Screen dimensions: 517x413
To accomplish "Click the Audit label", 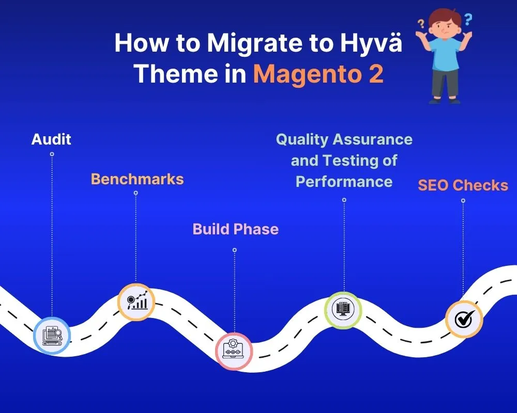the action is click(51, 139).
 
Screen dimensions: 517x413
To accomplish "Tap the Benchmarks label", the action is click(137, 179).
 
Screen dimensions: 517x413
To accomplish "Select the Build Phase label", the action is click(235, 229).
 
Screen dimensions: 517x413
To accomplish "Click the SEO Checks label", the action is click(463, 185).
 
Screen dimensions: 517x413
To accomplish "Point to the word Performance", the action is click(344, 182).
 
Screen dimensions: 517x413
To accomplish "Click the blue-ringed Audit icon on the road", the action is click(52, 335).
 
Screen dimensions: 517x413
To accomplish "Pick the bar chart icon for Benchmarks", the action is click(136, 301).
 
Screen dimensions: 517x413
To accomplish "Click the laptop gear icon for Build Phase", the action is click(234, 351).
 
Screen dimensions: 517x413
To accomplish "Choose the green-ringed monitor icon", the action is click(343, 310).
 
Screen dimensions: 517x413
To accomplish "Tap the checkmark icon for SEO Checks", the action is click(464, 319).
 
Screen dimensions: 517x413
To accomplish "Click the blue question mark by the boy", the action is click(468, 20).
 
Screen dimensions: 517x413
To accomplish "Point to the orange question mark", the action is click(421, 24).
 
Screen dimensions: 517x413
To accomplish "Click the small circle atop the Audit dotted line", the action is click(52, 154).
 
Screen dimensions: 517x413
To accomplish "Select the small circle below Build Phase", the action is click(234, 250).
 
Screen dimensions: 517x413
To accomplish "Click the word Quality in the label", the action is click(302, 139).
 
